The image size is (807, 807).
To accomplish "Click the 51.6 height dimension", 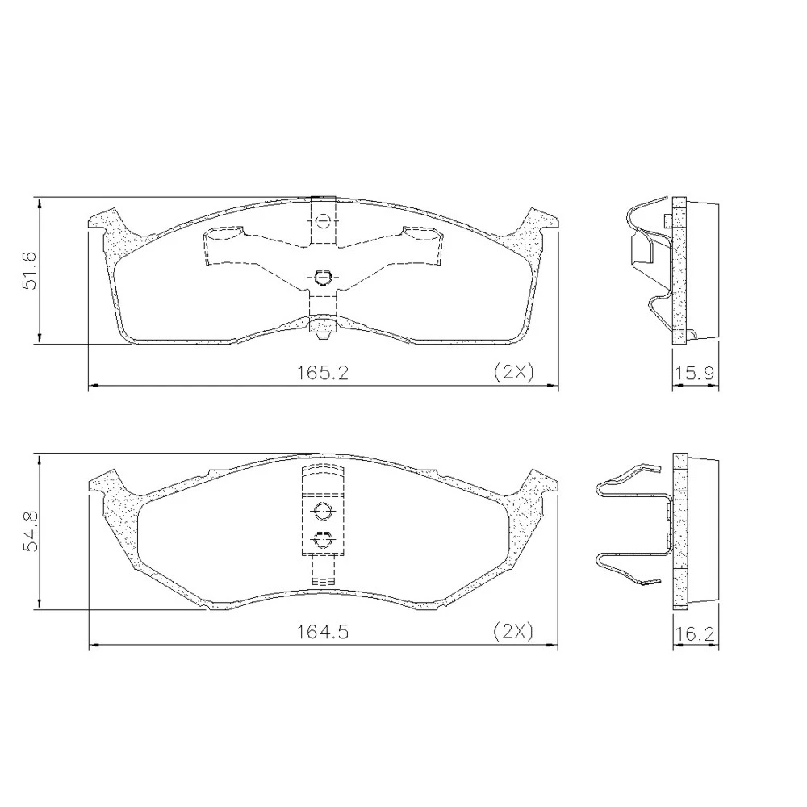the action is (29, 270).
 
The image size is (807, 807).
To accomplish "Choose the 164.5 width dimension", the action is (322, 632).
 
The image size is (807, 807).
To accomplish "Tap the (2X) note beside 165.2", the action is (513, 371).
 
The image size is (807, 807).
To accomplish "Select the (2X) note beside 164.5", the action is (513, 630).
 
